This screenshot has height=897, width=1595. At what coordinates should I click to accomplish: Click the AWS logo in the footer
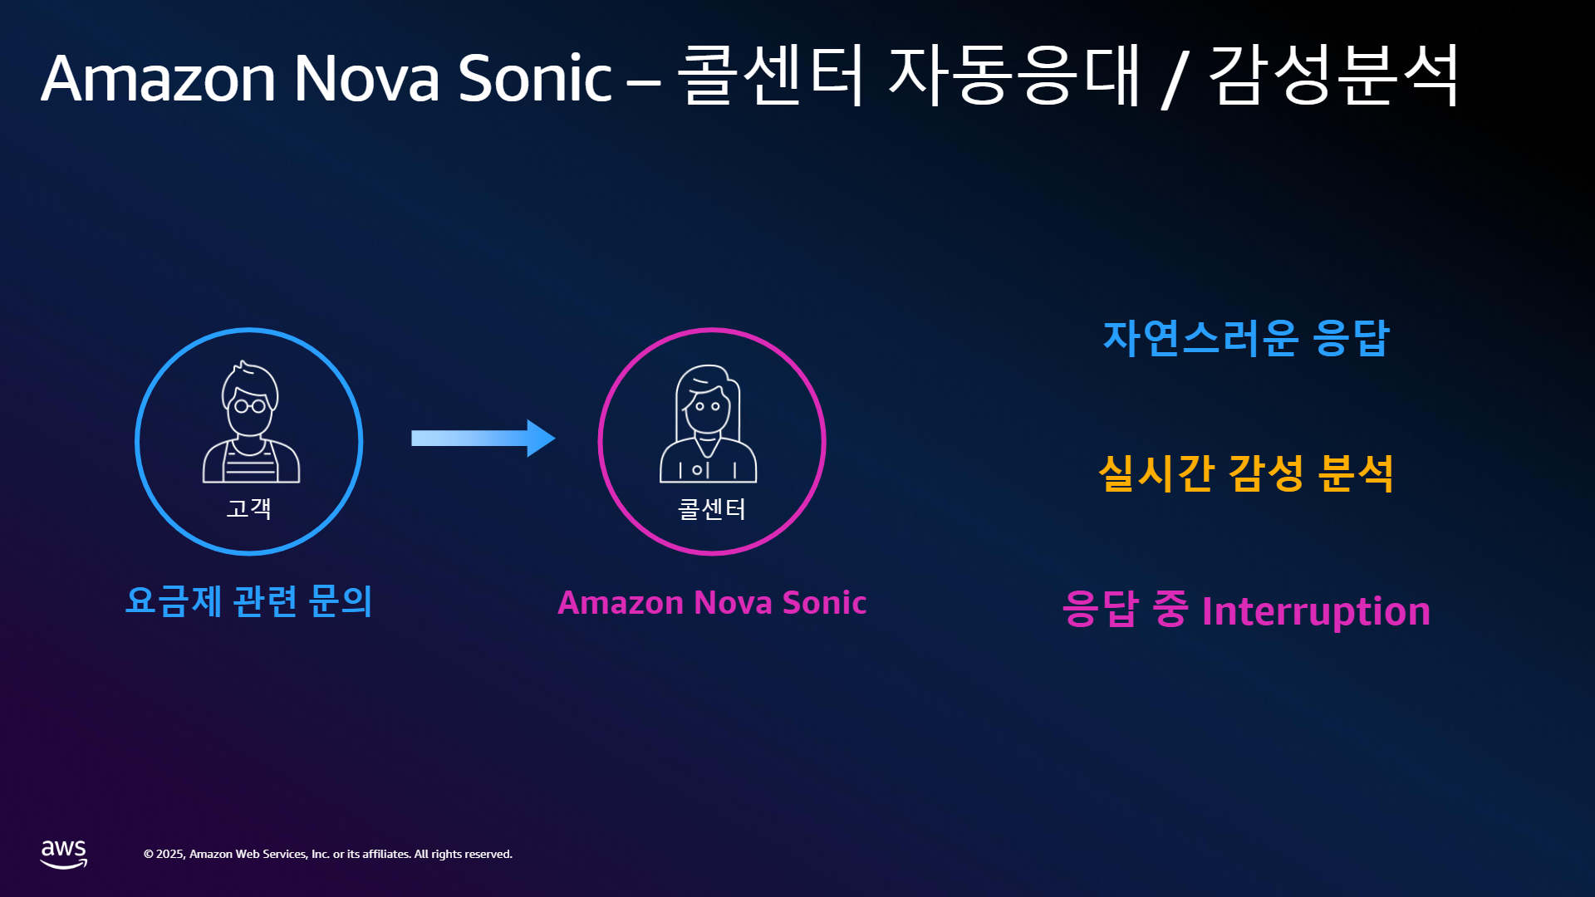point(64,854)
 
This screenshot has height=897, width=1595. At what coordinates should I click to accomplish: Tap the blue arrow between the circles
point(483,439)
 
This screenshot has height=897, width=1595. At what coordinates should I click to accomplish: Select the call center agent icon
point(709,424)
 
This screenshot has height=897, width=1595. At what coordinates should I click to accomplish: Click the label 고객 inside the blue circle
point(249,507)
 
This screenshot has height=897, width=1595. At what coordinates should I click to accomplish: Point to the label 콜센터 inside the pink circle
point(712,508)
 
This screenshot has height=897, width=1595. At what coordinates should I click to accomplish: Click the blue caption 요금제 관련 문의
point(248,600)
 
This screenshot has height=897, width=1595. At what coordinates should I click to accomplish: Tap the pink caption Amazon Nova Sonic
point(712,602)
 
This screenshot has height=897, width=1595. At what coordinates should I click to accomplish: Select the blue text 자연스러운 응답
point(1246,338)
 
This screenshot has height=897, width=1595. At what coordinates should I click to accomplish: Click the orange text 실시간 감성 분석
point(1246,473)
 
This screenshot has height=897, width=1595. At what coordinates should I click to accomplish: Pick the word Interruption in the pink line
point(1316,611)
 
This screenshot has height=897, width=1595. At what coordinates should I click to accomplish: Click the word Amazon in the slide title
point(158,78)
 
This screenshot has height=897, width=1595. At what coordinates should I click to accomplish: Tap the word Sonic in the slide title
point(535,78)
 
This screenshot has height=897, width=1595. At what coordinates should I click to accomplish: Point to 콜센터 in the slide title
point(771,75)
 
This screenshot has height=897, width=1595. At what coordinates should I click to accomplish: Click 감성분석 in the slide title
point(1334,75)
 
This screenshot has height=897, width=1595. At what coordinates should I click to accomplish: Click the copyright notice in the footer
point(328,854)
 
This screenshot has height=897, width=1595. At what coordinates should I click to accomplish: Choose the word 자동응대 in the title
point(1015,75)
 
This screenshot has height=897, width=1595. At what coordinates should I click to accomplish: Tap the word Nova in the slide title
point(366,78)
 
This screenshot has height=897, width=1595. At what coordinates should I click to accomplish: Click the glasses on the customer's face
point(250,406)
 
